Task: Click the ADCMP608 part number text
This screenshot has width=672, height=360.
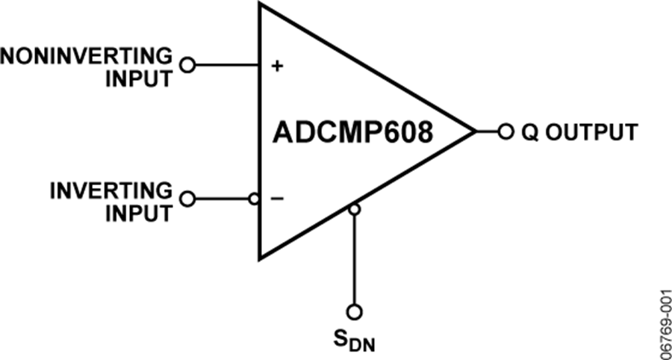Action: [x=352, y=132]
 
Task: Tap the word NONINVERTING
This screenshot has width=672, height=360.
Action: [x=86, y=56]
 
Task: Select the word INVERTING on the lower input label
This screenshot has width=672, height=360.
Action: [x=111, y=190]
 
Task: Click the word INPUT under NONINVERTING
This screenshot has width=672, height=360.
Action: [x=140, y=78]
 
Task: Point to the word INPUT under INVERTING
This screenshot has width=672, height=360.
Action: [x=140, y=213]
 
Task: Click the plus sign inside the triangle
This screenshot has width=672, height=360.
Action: [x=278, y=66]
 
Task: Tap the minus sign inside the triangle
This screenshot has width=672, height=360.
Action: [x=277, y=199]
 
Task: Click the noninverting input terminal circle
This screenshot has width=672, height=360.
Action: [x=187, y=65]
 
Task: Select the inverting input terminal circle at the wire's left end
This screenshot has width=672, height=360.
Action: [x=187, y=199]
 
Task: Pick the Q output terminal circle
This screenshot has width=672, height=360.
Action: [x=505, y=131]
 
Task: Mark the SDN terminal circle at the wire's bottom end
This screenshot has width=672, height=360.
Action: [x=354, y=311]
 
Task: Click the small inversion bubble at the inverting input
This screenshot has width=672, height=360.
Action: [x=254, y=199]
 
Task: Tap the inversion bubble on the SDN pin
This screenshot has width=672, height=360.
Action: [x=354, y=209]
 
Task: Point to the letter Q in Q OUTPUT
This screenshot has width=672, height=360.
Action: [x=529, y=132]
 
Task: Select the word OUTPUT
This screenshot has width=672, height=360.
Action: [x=591, y=132]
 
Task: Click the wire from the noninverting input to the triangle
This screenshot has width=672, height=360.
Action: [x=227, y=65]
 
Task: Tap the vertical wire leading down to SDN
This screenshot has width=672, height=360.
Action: [x=354, y=259]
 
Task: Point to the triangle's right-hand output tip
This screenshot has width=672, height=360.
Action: [x=476, y=131]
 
